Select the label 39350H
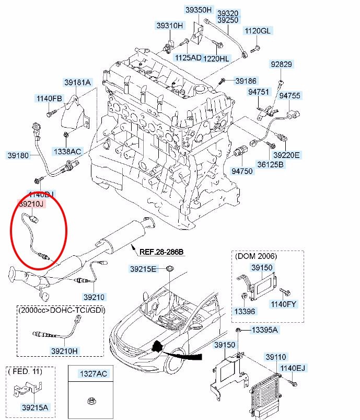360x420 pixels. (199, 9)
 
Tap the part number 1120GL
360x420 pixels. (258, 31)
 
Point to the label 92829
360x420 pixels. (281, 64)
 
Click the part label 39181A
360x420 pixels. (77, 82)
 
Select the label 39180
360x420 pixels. (18, 155)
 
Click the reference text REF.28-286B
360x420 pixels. (161, 252)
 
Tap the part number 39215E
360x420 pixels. (143, 269)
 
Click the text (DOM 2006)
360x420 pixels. (257, 256)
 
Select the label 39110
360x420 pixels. (276, 357)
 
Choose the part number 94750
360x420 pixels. (242, 171)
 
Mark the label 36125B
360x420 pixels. (270, 165)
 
